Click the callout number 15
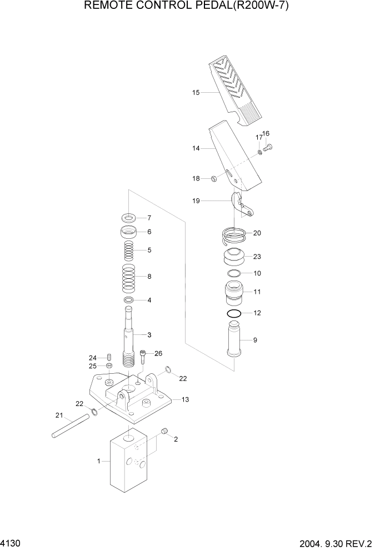tap(196, 93)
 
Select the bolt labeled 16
tap(269, 147)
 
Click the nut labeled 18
tap(212, 178)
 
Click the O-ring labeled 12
tap(234, 314)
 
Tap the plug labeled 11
tap(234, 293)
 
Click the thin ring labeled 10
tap(234, 273)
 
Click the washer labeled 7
tap(129, 217)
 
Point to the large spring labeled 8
tap(129, 275)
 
